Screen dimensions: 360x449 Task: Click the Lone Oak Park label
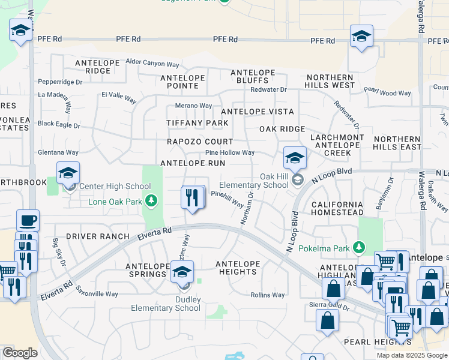[x=116, y=202]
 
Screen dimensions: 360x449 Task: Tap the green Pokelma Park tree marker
[x=359, y=247]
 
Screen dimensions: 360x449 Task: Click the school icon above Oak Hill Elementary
[x=295, y=159]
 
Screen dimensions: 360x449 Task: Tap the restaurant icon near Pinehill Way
[x=192, y=197]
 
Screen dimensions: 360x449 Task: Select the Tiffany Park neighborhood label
[x=197, y=123]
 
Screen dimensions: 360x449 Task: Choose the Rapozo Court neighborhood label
[x=199, y=142]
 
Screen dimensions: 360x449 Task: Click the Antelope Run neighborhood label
[x=192, y=163]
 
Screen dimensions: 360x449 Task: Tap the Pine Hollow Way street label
[x=230, y=153]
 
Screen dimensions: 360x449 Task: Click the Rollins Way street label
[x=267, y=295]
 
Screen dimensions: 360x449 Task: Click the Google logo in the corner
[x=19, y=353]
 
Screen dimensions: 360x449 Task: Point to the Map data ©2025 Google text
[x=411, y=355]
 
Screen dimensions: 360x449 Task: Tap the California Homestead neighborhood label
[x=337, y=208]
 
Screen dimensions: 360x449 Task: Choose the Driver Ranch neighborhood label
[x=97, y=237]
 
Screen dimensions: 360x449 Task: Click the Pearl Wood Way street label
[x=387, y=92]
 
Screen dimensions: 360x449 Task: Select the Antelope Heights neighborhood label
[x=237, y=268]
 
